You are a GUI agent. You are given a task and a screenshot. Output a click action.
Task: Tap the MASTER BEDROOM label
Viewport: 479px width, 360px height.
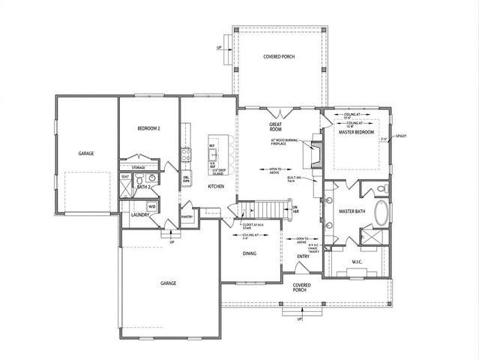pos(355,133)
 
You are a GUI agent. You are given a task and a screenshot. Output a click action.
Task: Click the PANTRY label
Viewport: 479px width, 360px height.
pos(187,218)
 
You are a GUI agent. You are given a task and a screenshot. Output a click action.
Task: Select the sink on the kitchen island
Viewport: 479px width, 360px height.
pos(212,154)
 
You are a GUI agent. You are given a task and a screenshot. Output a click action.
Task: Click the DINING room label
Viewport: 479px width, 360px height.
pos(250,253)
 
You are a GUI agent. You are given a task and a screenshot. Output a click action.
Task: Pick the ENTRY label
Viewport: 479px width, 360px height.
pos(304,256)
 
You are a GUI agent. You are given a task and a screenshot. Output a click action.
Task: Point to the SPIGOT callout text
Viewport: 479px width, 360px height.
pos(401,135)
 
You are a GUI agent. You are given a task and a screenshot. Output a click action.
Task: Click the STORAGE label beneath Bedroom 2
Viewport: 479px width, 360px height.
pos(139,167)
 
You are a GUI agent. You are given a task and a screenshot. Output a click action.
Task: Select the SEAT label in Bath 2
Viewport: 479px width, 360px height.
pos(125,177)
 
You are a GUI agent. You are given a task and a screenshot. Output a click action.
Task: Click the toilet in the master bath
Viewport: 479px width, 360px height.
pos(382,187)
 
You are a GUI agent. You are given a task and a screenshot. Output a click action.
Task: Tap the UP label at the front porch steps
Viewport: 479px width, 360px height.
pos(300,319)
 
